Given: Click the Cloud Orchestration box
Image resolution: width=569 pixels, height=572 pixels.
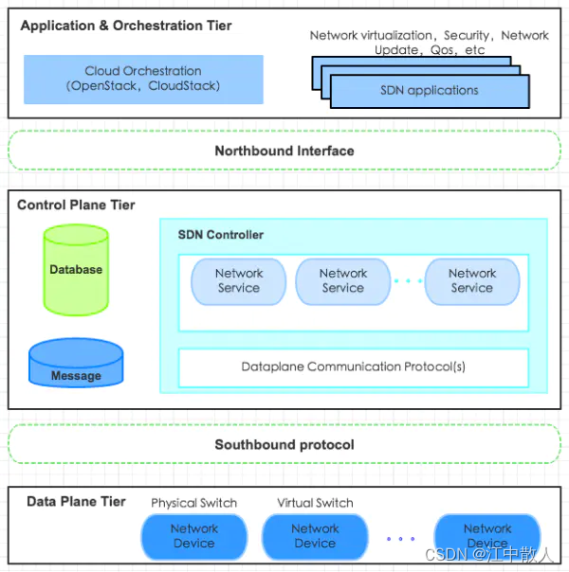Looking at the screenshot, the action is coord(143,80).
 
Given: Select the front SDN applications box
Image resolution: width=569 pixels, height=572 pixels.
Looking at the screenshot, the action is coord(430,91).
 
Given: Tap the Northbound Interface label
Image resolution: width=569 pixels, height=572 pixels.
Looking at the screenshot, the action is coord(284,151).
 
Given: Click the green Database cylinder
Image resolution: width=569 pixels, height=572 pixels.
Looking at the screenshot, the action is coord(76,270).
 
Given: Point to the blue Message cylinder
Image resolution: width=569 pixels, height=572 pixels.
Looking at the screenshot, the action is coord(76,363).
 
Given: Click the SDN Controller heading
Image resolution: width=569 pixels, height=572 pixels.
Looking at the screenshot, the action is coord(221,235).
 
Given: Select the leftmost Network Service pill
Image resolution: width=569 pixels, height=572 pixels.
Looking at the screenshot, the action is coord(239,281).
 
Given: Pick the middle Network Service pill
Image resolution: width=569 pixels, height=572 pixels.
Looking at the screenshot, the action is coord(343,281).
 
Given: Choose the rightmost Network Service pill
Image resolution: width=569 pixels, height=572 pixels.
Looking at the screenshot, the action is coord(472,281).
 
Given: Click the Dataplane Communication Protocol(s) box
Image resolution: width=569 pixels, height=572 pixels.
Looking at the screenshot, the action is coord(354,367).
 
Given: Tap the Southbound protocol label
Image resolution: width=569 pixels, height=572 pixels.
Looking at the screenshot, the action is coord(284,445).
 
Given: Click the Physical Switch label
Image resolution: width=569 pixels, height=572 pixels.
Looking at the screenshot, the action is coord(193,503).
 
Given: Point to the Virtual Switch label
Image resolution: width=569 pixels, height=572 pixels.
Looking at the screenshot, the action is coord(315,503).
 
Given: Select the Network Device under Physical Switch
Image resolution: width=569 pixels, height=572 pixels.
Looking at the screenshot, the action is coord(194,537).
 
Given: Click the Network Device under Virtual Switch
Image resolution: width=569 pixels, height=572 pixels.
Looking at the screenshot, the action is coord(315,537).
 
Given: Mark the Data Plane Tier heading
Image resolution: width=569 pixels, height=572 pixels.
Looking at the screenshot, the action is coord(76,502).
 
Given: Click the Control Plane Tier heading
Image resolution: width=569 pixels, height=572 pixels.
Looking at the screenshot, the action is coord(76,205).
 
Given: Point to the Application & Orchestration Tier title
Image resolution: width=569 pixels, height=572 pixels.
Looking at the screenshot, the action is coord(126,26).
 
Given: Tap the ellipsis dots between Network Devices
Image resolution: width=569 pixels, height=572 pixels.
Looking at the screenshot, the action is coord(400,539).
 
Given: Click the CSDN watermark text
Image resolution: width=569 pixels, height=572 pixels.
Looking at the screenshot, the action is coord(489,555).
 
